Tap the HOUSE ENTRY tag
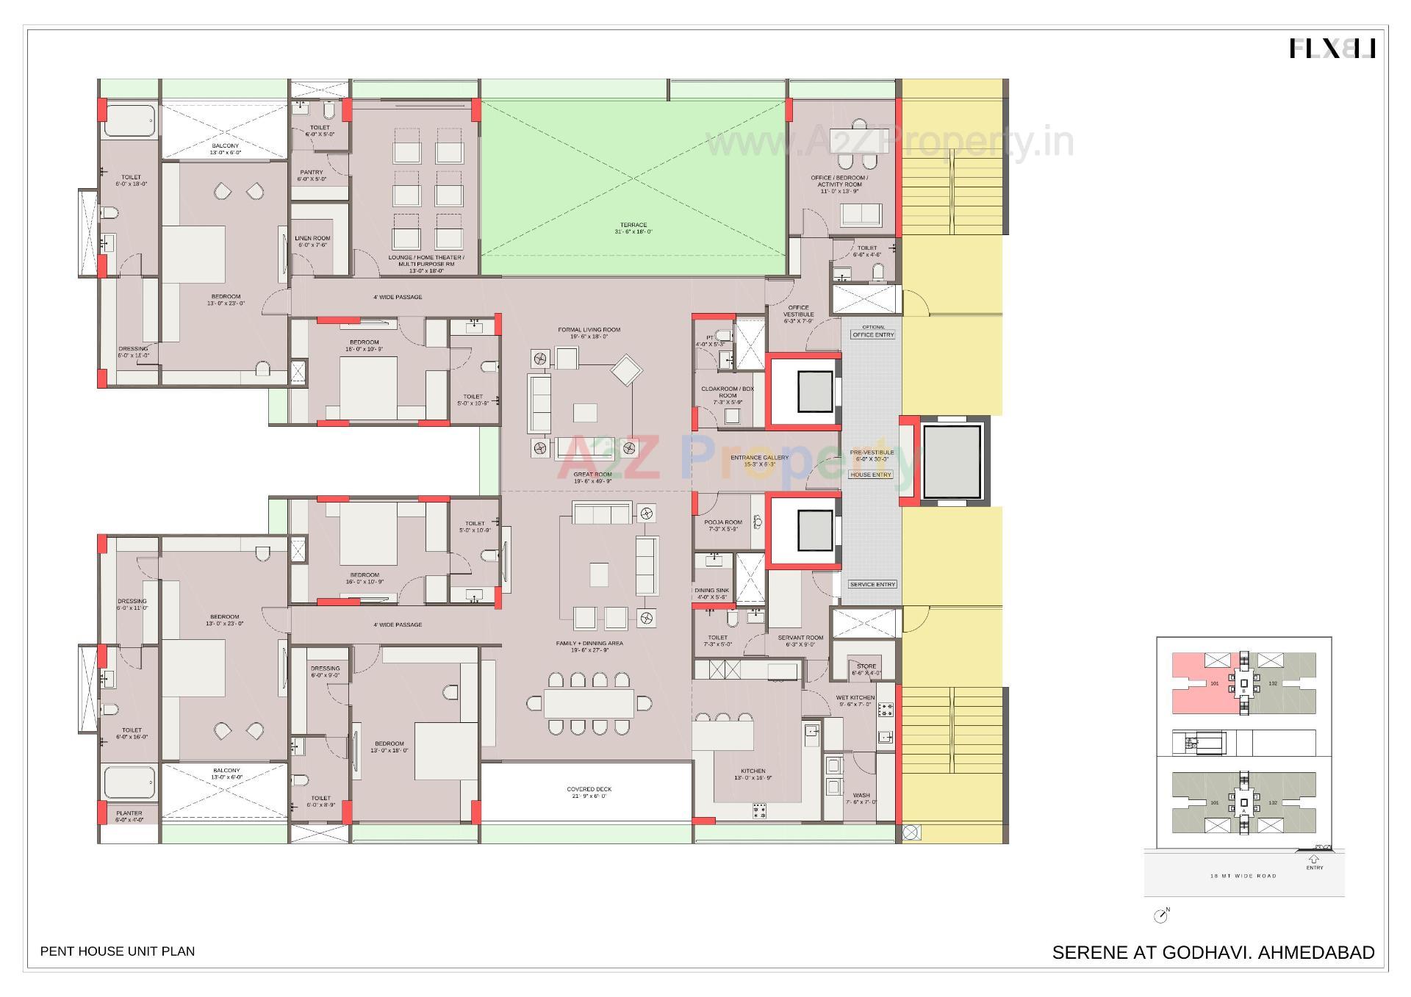point(871,475)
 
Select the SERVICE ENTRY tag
point(872,584)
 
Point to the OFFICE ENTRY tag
point(873,334)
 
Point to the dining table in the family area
point(589,703)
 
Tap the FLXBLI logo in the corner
point(1332,48)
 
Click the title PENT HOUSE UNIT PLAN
point(118,951)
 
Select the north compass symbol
point(1161,915)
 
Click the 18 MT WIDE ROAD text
point(1243,876)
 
